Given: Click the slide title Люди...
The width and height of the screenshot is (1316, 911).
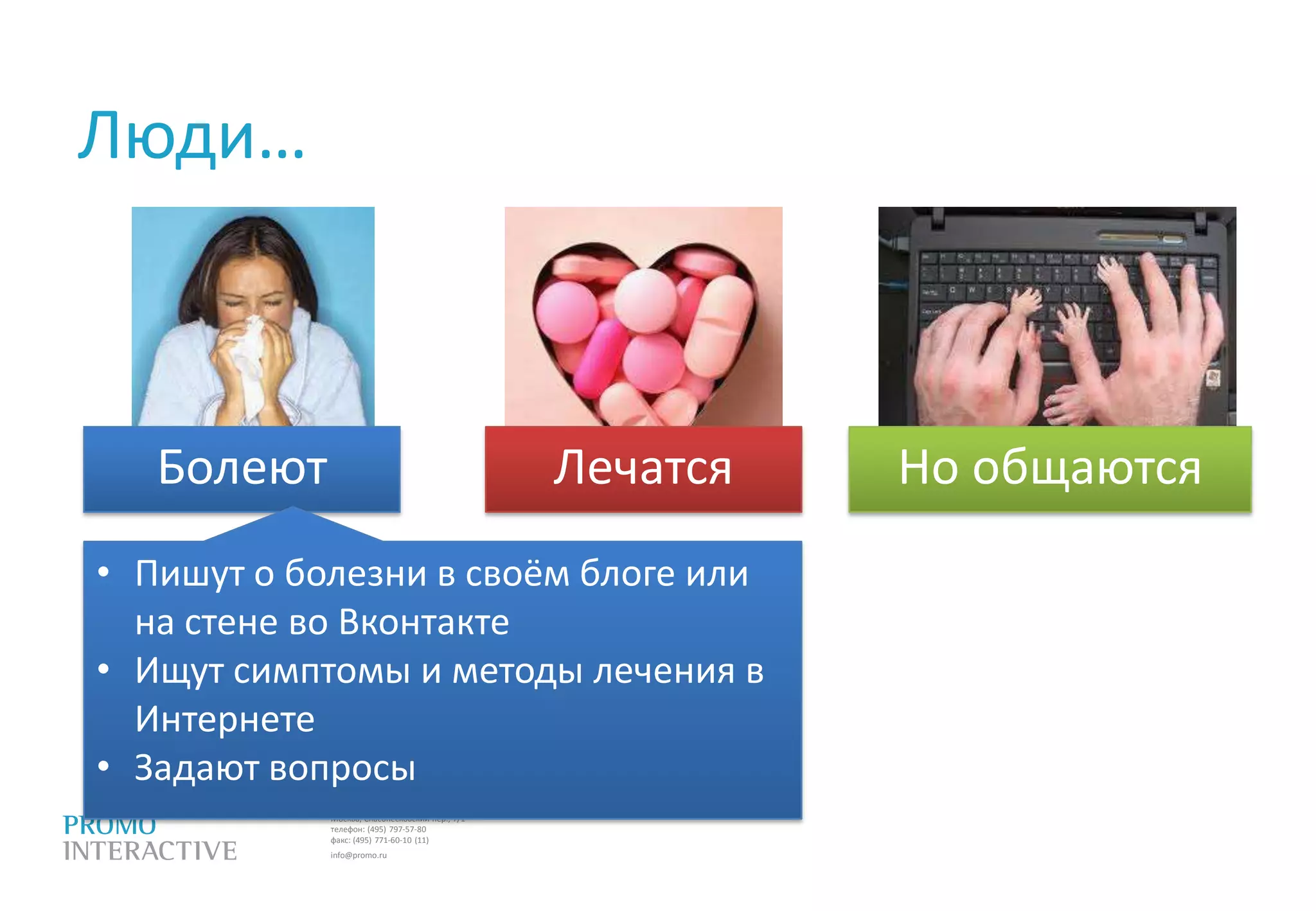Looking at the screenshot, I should [x=191, y=136].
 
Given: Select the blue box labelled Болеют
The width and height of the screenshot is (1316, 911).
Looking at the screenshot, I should [x=242, y=468].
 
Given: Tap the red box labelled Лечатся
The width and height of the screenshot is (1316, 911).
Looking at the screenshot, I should [x=643, y=468].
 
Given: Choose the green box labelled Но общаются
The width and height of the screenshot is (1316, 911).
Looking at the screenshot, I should [x=1049, y=468].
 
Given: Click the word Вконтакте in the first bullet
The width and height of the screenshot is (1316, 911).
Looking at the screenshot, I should [x=423, y=622].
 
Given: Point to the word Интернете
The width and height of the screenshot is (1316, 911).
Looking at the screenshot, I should [x=224, y=719].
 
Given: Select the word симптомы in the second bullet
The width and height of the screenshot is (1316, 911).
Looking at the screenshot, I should [x=321, y=671].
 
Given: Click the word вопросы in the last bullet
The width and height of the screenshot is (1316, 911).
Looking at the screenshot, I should [x=342, y=768].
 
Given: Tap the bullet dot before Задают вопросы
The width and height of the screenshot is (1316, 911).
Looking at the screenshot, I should [x=103, y=766].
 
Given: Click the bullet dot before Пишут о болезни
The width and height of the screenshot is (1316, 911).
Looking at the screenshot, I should [x=103, y=572].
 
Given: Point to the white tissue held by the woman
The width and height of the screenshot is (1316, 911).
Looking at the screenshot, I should [x=251, y=360].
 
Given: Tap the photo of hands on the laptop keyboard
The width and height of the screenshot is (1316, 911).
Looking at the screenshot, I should [x=1057, y=316].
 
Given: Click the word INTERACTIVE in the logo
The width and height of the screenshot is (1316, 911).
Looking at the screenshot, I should [x=150, y=851].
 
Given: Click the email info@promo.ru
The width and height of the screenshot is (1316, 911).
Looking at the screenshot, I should [x=359, y=855].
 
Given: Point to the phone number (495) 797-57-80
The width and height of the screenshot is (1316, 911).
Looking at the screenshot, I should [x=396, y=829].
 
